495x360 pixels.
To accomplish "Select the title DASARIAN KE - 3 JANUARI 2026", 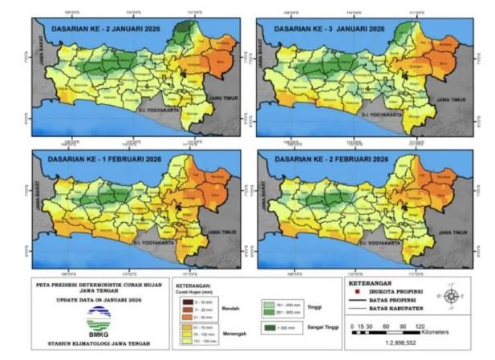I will (330, 29).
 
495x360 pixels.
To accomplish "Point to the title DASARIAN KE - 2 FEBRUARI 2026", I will (331, 159).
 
